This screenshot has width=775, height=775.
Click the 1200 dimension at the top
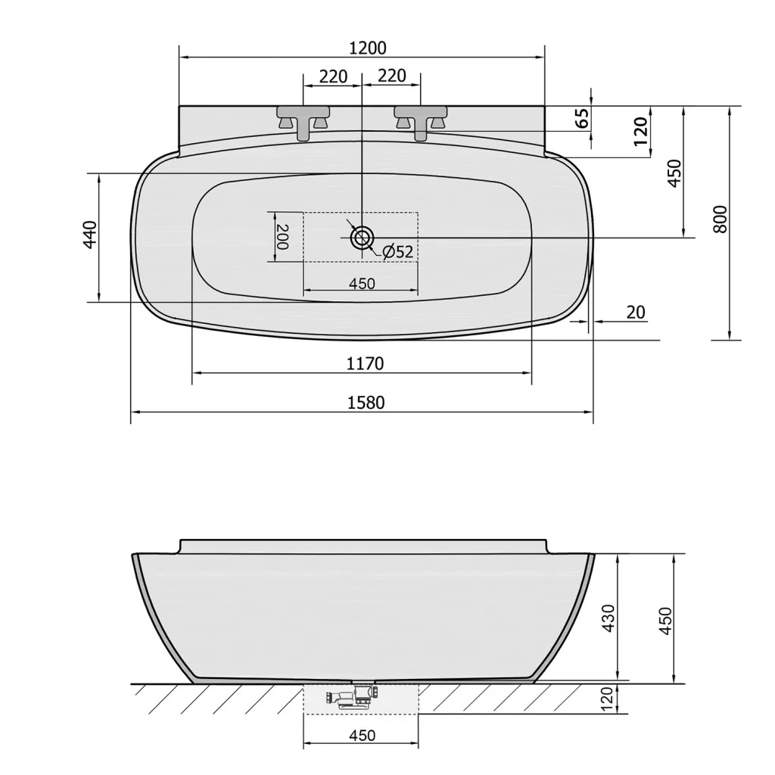pos(367,48)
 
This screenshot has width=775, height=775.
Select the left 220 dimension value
pos(333,76)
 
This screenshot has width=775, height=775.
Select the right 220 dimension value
pos(392,76)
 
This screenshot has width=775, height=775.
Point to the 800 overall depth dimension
pos(721,219)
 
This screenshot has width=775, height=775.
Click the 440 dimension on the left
pos(90,235)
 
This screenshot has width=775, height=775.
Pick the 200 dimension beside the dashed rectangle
pos(282,237)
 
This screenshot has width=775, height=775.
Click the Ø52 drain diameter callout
pos(397,251)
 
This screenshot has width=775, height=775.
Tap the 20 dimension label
pos(636,313)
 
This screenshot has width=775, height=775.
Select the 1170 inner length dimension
pos(365,364)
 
